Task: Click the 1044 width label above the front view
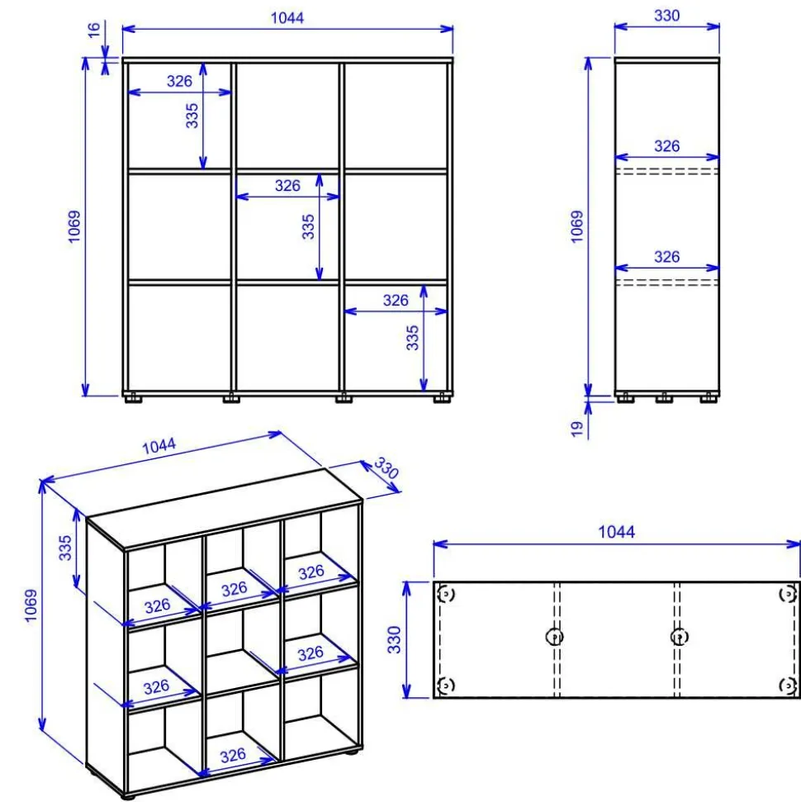pos(287,18)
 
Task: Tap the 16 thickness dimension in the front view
pos(94,30)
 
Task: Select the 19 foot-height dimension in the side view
pos(577,429)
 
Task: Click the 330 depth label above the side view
pos(666,16)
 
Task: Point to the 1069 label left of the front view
pos(74,226)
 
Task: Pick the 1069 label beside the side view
pos(577,226)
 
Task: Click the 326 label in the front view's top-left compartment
pos(179,81)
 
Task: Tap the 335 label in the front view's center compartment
pos(308,226)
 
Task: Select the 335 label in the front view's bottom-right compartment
pos(412,338)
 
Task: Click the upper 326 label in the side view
pos(666,146)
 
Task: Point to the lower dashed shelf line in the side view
pos(667,282)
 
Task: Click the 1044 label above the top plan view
pos(616,532)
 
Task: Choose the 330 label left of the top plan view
pos(394,639)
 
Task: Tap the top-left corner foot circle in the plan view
pos(446,594)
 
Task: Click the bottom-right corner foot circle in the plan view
pos(787,685)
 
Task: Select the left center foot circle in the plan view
pos(555,637)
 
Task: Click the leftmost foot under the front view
pos(134,397)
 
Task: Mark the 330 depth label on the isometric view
pos(386,467)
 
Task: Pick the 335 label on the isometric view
pos(65,548)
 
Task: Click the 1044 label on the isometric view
pos(159,445)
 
